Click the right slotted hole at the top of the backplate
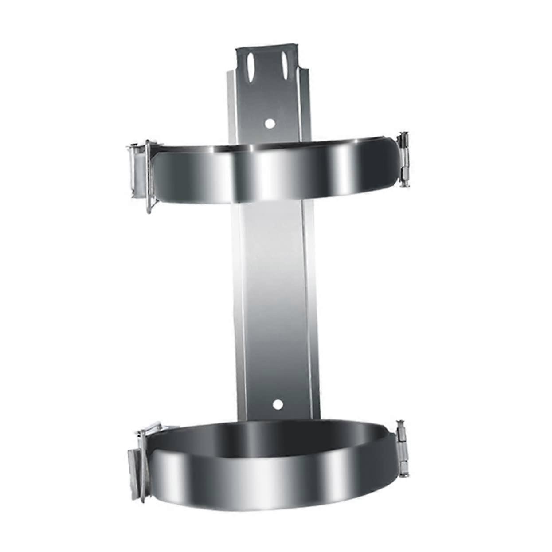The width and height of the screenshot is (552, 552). [x=282, y=63]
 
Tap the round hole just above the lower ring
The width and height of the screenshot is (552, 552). [x=278, y=404]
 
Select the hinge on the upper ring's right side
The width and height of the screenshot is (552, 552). [x=404, y=158]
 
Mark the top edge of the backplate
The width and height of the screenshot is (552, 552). [x=266, y=46]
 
